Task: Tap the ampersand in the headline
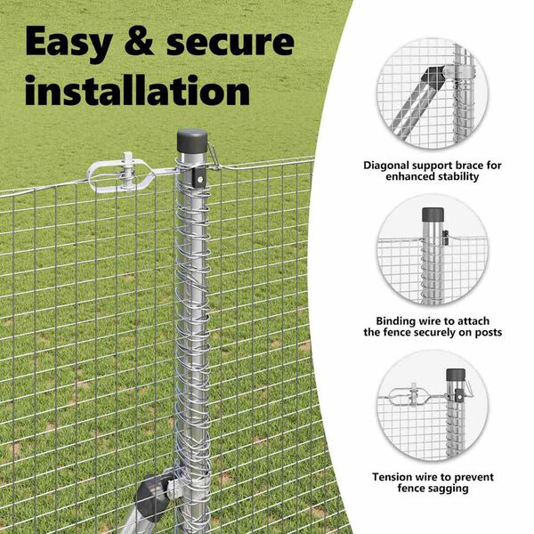(140, 41)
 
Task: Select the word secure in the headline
(230, 43)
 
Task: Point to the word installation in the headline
(137, 90)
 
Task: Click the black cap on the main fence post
(191, 141)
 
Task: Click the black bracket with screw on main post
(199, 178)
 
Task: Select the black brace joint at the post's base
(152, 493)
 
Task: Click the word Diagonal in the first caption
(386, 166)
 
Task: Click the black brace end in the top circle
(430, 77)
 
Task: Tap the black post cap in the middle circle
(433, 214)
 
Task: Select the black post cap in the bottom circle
(456, 375)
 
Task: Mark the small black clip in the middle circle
(445, 238)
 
